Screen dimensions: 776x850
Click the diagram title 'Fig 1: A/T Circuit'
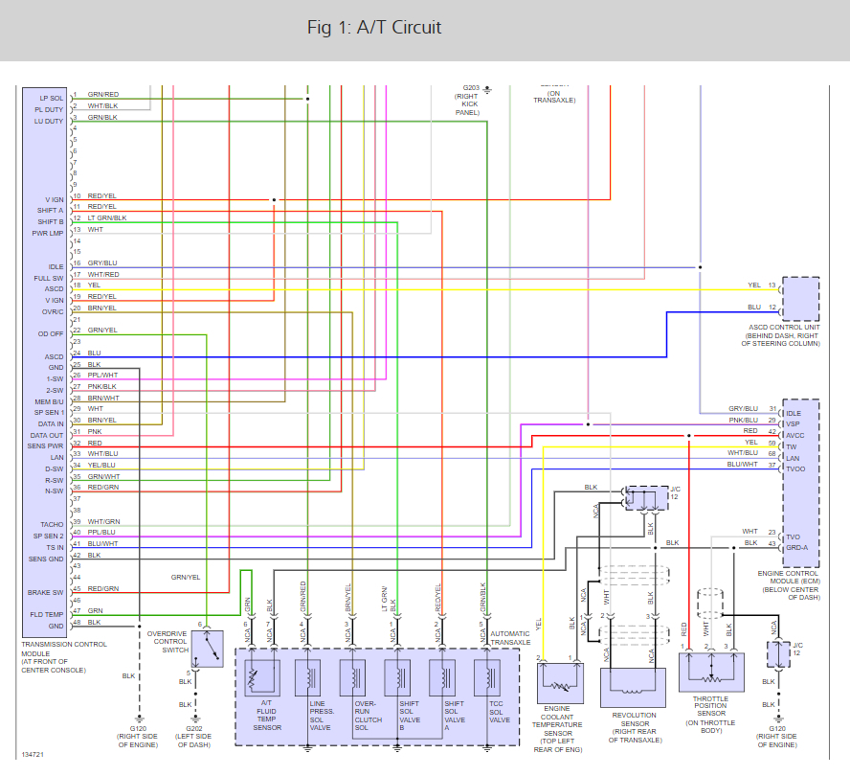[x=374, y=28]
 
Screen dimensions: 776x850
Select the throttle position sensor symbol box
[x=710, y=671]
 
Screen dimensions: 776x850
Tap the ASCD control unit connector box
[x=800, y=298]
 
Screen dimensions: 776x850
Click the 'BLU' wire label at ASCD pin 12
[x=754, y=307]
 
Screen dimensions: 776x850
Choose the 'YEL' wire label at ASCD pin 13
[x=754, y=285]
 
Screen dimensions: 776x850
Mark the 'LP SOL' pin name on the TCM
[x=52, y=98]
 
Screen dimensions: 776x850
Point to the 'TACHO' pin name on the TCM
[x=52, y=524]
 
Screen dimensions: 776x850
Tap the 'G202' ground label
[x=198, y=729]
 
